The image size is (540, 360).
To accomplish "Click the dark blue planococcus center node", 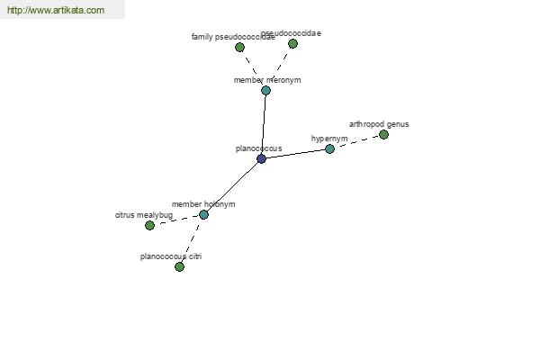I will [261, 158].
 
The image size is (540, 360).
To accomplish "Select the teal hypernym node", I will [329, 148].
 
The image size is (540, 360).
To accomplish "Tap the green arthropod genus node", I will [383, 134].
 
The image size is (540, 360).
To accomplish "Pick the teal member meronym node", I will [265, 90].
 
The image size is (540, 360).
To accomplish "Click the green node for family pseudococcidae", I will [239, 47].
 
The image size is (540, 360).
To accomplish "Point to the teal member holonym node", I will [203, 214].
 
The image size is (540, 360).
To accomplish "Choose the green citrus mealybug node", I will [149, 225].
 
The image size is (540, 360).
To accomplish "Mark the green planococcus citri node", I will [179, 266].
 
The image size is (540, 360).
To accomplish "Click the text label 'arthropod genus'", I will [379, 124].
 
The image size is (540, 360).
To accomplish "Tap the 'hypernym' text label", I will [329, 139].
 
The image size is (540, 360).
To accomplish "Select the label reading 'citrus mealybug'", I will [144, 215].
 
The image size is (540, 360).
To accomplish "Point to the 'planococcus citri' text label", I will [171, 256].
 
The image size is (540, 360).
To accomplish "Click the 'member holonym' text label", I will [203, 204].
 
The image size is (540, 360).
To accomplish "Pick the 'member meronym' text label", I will [267, 80].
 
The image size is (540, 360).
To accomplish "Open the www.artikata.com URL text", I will [56, 10].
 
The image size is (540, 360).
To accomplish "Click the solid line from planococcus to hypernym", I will [295, 154].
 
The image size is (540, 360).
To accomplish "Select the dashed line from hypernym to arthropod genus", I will [356, 141].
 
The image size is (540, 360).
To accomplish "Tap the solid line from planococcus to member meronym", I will [264, 124].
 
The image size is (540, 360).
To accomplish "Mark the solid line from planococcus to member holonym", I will [232, 186].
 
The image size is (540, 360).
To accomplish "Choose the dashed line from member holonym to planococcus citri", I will [192, 239].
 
